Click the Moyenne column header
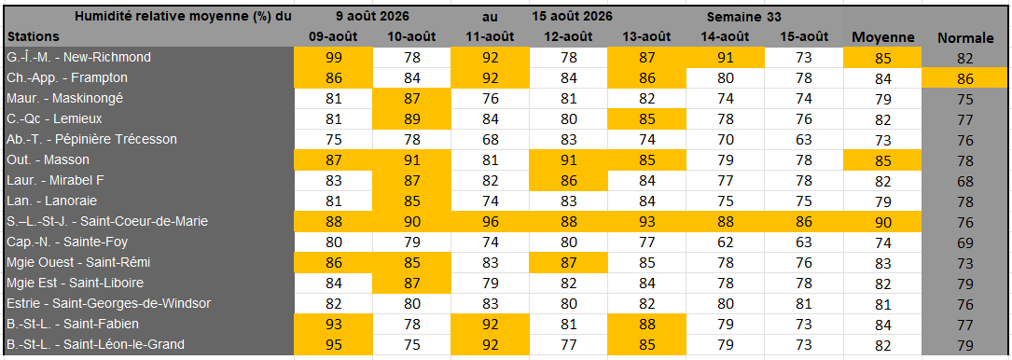pyautogui.click(x=883, y=37)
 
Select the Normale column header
pyautogui.click(x=964, y=39)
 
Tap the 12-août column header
pyautogui.click(x=568, y=36)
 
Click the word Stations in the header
pyautogui.click(x=34, y=36)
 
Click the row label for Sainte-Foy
pyautogui.click(x=68, y=242)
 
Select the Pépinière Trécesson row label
pyautogui.click(x=91, y=139)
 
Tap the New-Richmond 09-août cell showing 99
pyautogui.click(x=334, y=58)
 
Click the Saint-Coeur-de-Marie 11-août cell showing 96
pyautogui.click(x=490, y=222)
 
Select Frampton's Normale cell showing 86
pyautogui.click(x=964, y=78)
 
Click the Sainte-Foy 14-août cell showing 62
pyautogui.click(x=725, y=242)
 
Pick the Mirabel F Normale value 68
pyautogui.click(x=964, y=181)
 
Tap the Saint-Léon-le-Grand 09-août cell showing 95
pyautogui.click(x=334, y=344)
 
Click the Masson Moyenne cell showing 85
pyautogui.click(x=883, y=160)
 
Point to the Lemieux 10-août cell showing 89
pyautogui.click(x=411, y=119)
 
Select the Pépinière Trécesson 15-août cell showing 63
pyautogui.click(x=803, y=139)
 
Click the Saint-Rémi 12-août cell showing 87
pyautogui.click(x=568, y=263)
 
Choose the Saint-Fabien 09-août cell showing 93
pyautogui.click(x=334, y=324)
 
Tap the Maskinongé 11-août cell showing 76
pyautogui.click(x=490, y=99)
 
